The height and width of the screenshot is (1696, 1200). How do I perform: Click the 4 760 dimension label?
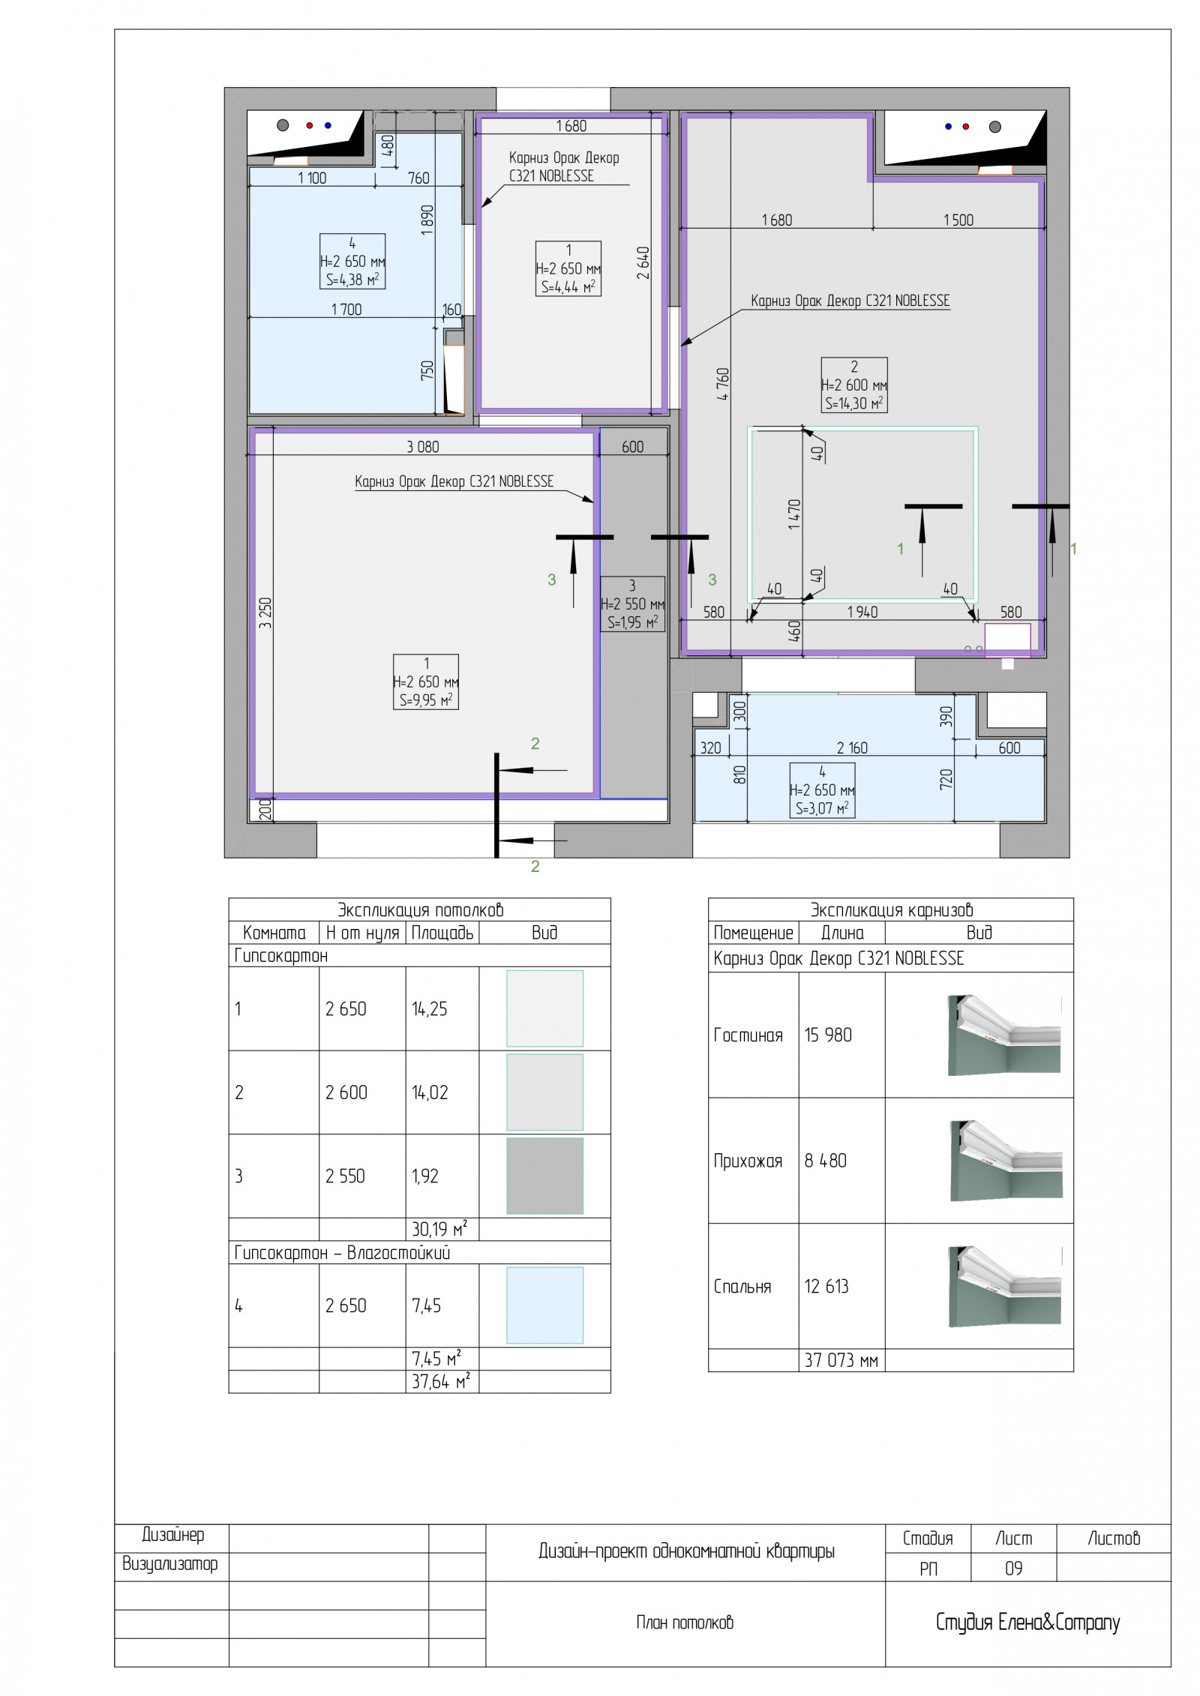pos(723,383)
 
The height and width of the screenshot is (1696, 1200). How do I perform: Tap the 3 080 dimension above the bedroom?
pos(423,447)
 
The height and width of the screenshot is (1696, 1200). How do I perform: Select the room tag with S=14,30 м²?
pos(854,385)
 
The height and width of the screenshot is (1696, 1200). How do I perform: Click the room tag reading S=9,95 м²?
pos(426,682)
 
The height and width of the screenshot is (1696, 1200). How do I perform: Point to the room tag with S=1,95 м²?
pos(632,604)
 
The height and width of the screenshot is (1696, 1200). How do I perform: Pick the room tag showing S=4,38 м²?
pos(352,261)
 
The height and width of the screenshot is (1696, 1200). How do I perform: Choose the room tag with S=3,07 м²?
pos(823,790)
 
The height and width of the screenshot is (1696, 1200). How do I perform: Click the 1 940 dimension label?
pos(862,612)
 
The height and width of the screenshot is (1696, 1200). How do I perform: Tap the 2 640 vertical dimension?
pos(643,263)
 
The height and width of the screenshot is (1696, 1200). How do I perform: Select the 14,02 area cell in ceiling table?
pos(430,1092)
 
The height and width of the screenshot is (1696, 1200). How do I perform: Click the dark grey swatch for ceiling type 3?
pos(545,1176)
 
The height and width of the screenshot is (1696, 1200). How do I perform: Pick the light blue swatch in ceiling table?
pos(545,1305)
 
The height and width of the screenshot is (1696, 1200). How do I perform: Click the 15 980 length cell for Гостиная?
pos(828,1035)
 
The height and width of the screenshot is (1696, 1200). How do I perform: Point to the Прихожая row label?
pos(748,1161)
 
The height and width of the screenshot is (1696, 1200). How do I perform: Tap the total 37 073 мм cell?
pos(841,1360)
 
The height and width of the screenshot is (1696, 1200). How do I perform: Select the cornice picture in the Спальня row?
pos(1005,1287)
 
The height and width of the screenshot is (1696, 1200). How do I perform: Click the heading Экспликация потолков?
pos(420,910)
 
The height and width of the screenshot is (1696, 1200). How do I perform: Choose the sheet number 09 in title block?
pos(1013,1569)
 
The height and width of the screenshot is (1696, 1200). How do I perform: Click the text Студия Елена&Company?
pos(1027,1623)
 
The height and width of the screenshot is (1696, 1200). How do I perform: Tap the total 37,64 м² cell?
pos(441,1381)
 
